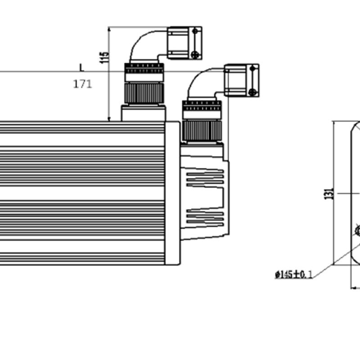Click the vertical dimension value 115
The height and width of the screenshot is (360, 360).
[104, 58]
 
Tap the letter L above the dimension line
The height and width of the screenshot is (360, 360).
[82, 67]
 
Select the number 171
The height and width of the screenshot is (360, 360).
[82, 84]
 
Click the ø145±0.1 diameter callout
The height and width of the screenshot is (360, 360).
[294, 274]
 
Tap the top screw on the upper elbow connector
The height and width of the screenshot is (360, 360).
[195, 31]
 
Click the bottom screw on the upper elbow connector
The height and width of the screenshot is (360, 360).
[195, 54]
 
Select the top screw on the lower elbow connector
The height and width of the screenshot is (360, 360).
[252, 68]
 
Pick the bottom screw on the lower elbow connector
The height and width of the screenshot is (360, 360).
[252, 92]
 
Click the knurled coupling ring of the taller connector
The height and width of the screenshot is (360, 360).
[144, 93]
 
